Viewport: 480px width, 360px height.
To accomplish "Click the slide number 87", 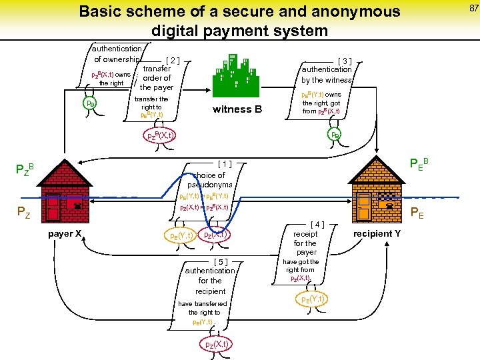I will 473,7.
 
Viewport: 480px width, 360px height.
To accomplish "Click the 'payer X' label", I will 65,233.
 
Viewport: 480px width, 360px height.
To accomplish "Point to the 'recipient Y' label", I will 377,234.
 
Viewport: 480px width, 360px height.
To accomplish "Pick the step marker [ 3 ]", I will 347,60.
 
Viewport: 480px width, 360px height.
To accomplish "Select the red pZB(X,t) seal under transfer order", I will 160,135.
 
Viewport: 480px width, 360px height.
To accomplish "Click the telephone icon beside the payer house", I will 77,207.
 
